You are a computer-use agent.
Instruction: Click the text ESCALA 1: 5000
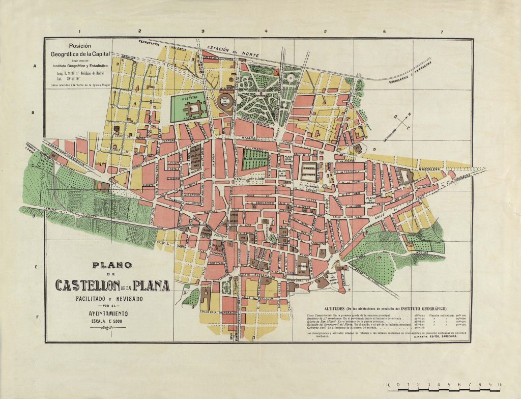coord(110,322)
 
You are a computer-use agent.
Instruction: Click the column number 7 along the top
coord(442,32)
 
